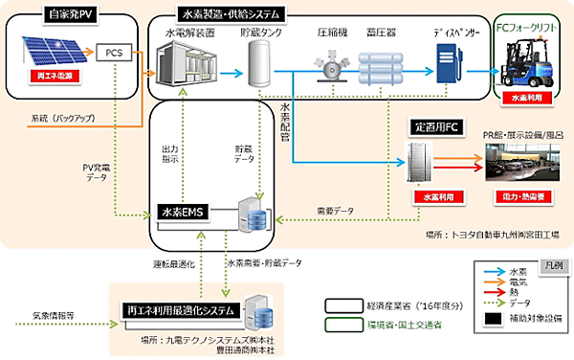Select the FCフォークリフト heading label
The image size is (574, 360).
click(x=532, y=28)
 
